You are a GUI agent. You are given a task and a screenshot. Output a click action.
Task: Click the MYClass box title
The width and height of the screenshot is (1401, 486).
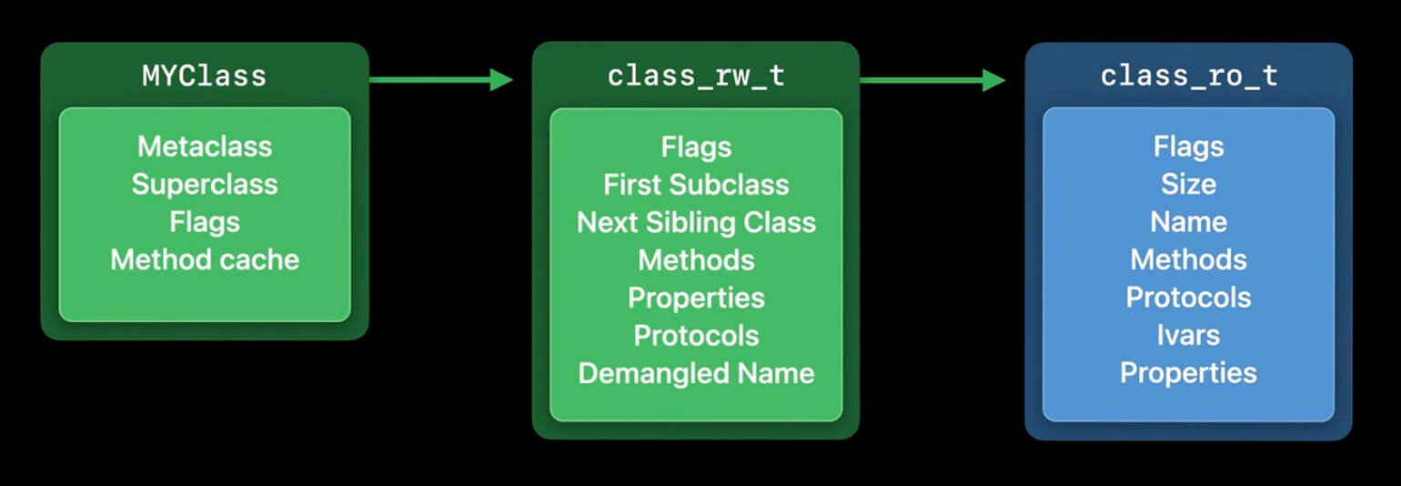click(x=205, y=76)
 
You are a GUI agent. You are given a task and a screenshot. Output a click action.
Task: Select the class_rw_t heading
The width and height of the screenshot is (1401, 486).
click(x=696, y=76)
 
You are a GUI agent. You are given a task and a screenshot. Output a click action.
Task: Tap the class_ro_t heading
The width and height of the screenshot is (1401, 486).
click(x=1188, y=76)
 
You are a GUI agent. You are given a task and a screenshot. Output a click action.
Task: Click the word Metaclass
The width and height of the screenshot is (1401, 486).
click(x=205, y=146)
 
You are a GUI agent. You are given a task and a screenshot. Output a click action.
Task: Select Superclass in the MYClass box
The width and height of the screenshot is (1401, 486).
click(x=205, y=184)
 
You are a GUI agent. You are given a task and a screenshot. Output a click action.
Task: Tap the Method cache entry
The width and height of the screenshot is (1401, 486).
click(x=205, y=259)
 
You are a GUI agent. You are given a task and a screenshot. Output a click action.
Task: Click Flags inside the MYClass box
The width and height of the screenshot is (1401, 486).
click(x=205, y=222)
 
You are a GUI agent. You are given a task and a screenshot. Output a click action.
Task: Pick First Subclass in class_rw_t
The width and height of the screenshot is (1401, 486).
click(x=696, y=184)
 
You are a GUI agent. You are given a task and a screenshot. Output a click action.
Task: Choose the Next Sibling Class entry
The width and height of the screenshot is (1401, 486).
click(x=696, y=222)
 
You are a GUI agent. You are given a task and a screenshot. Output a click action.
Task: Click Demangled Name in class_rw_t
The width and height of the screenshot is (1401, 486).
click(x=696, y=373)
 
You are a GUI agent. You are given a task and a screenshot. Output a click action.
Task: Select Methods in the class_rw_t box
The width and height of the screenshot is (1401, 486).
click(x=696, y=259)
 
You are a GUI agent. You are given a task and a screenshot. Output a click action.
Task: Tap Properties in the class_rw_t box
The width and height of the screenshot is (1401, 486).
click(x=696, y=298)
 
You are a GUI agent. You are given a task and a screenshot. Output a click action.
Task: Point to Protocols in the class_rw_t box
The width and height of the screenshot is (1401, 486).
click(x=696, y=335)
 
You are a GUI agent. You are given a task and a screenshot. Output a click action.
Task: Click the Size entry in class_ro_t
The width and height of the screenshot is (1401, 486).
click(x=1188, y=184)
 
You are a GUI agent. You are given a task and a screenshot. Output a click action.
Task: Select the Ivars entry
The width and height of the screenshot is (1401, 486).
click(x=1188, y=335)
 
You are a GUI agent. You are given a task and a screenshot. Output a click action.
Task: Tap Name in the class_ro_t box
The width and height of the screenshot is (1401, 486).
click(x=1188, y=222)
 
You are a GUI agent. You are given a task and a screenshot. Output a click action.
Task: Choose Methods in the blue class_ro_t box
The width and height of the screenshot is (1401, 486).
click(x=1188, y=259)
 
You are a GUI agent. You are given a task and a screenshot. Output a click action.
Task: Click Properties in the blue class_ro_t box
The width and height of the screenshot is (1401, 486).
click(x=1188, y=373)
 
